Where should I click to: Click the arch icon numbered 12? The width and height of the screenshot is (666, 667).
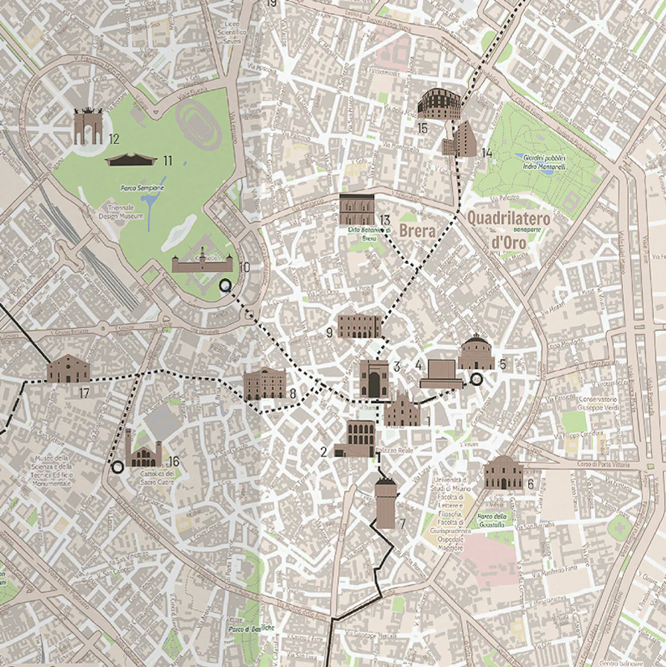coord(87,127)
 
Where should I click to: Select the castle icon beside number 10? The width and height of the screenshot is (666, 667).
coord(202,261)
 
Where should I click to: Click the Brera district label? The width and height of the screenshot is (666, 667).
coord(417,231)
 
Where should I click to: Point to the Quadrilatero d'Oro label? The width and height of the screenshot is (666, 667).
coord(508,230)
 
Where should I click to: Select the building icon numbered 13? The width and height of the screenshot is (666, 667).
coord(356,209)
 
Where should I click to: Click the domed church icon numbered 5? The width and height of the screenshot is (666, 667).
coord(477,353)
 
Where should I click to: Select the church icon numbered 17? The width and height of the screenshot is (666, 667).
coord(68,368)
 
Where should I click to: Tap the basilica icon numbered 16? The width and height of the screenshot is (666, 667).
coord(144,449)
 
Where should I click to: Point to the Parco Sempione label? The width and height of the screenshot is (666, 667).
coord(142,189)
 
